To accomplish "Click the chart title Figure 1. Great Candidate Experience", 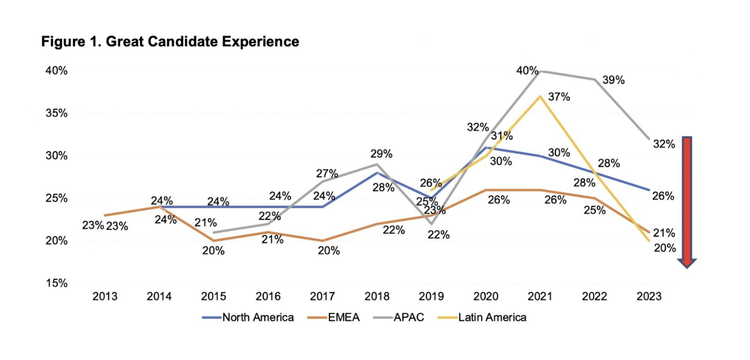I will pos(170,42).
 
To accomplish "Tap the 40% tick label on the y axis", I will pos(56,71).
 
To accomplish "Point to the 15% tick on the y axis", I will pos(56,283).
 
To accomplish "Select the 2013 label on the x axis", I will pos(105,296).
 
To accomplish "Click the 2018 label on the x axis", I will pos(377,296).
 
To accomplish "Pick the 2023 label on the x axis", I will pos(649,296).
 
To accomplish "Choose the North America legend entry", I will pos(258,317).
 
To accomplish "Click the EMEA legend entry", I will pos(344,317).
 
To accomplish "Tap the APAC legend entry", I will pos(409,317).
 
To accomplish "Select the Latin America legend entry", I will pos(492,317).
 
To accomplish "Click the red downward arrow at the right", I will pos(687,202).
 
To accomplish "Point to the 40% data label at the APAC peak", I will pos(527,71).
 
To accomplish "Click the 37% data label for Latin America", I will pos(559,97).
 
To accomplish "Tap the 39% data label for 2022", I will pos(613,80).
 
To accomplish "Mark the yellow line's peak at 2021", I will pos(540,97).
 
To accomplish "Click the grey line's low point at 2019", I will pos(431,224).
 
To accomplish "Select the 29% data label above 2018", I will pos(381,154).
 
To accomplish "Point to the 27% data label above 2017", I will pos(327,173).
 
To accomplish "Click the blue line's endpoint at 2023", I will pos(649,190).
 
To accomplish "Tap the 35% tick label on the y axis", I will pos(56,113).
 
